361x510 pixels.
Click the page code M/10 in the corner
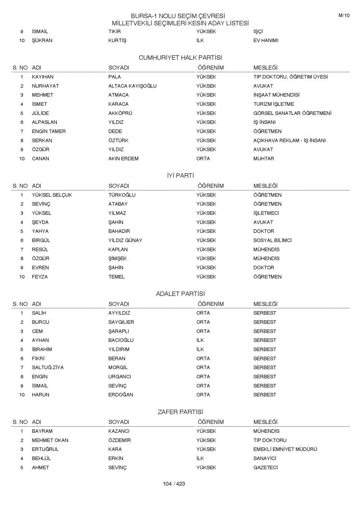click(x=344, y=15)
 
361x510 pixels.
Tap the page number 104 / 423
click(x=174, y=484)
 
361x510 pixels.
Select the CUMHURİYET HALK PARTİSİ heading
click(x=180, y=58)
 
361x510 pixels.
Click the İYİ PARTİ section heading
click(x=180, y=176)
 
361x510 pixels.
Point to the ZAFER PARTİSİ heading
click(x=180, y=412)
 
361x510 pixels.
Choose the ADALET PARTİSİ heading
click(x=180, y=294)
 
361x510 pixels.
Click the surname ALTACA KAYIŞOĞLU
click(x=132, y=86)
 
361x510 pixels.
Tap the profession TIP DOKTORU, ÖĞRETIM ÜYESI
click(x=290, y=77)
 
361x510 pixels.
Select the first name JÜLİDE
click(x=40, y=113)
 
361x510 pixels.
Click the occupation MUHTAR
click(x=264, y=158)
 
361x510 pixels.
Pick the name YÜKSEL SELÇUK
click(x=52, y=195)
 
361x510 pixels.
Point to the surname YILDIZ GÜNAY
click(x=125, y=240)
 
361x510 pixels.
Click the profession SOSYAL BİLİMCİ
click(x=272, y=240)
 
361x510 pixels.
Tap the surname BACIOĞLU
click(x=121, y=340)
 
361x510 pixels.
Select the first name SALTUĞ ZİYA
click(x=47, y=367)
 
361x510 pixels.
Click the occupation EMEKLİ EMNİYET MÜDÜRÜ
click(x=285, y=449)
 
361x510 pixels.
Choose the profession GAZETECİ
click(x=265, y=468)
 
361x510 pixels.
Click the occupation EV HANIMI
click(x=265, y=41)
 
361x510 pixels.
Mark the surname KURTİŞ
click(x=117, y=41)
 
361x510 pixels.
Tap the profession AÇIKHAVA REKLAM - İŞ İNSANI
click(x=289, y=140)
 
